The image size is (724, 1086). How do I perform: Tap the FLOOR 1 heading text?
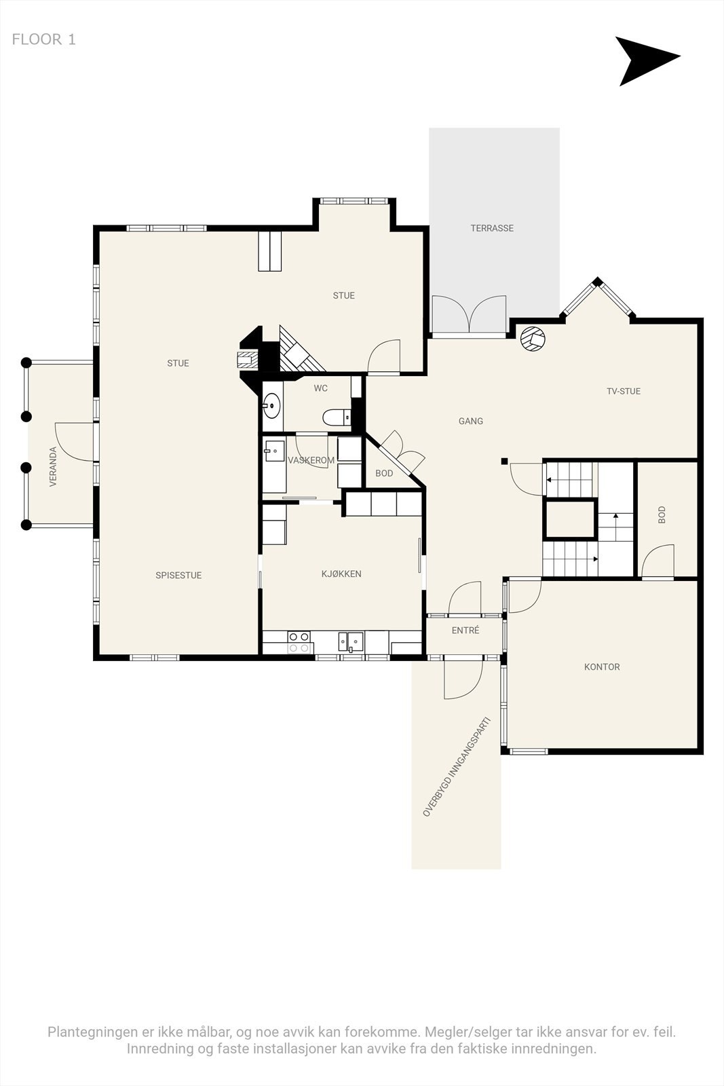pyautogui.click(x=44, y=39)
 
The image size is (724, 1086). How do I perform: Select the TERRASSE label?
pyautogui.click(x=492, y=229)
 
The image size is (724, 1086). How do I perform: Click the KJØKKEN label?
pyautogui.click(x=341, y=574)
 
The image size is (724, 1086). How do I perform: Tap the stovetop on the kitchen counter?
pyautogui.click(x=299, y=642)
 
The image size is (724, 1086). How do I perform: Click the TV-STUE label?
pyautogui.click(x=624, y=392)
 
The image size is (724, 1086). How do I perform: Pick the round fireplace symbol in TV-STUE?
pyautogui.click(x=533, y=339)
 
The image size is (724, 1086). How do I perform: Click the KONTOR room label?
pyautogui.click(x=602, y=667)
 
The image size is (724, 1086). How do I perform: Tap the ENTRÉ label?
pyautogui.click(x=465, y=631)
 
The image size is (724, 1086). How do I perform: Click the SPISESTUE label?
pyautogui.click(x=178, y=576)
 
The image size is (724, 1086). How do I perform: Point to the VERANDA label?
pyautogui.click(x=53, y=466)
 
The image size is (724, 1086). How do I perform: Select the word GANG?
pyautogui.click(x=471, y=422)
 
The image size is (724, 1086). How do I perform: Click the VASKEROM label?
pyautogui.click(x=311, y=461)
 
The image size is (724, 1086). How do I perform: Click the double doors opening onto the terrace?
pyautogui.click(x=470, y=316)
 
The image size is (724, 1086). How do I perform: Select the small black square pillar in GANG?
pyautogui.click(x=504, y=462)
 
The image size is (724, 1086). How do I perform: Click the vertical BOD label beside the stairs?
pyautogui.click(x=662, y=514)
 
